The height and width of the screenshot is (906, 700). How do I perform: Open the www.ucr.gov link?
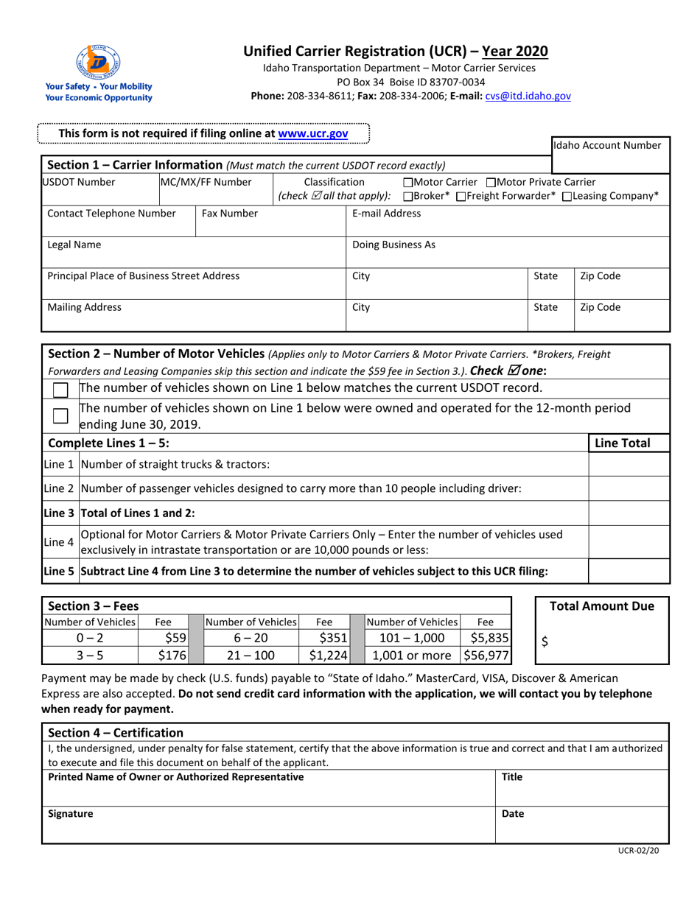click(312, 133)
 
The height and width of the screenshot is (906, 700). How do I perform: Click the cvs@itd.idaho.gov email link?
click(528, 96)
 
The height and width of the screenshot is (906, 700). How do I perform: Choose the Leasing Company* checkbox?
click(567, 197)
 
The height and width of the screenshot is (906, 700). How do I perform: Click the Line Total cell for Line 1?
click(629, 464)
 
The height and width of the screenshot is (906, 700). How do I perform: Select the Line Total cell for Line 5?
click(629, 571)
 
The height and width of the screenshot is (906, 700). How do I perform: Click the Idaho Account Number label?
click(611, 146)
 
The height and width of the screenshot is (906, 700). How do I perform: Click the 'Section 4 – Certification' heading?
click(115, 732)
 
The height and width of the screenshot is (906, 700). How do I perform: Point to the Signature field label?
click(71, 815)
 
